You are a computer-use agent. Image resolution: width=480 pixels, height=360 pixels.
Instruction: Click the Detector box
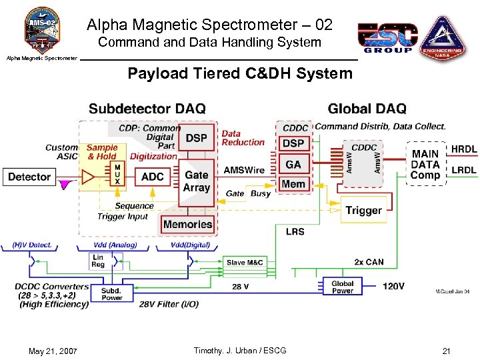coord(29,177)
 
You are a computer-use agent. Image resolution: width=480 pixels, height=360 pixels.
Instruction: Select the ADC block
coord(153,177)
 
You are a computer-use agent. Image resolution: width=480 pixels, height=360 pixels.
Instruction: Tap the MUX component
coord(117,175)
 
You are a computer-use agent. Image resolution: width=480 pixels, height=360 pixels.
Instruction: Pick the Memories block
coord(187,225)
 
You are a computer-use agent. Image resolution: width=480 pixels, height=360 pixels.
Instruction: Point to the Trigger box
coord(363,211)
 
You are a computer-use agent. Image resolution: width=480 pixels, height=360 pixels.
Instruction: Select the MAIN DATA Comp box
coord(425,164)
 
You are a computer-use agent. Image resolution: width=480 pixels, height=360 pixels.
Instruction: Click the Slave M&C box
coord(245,263)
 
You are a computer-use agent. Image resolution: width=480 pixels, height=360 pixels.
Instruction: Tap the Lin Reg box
coord(98,261)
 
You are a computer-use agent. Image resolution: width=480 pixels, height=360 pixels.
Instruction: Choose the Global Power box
coord(343,287)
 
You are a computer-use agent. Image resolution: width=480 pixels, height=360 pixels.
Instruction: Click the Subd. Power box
coord(111,294)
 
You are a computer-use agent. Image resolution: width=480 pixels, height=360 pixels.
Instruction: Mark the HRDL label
coord(464,149)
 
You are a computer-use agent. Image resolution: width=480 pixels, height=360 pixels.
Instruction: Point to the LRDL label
coord(464,171)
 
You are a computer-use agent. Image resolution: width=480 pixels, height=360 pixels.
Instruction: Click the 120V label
coord(393,287)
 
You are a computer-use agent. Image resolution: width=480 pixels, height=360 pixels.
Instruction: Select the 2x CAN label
coord(369,262)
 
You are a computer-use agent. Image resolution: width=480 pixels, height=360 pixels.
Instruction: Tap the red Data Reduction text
coord(243,138)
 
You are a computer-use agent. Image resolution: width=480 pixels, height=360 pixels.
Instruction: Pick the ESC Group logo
coord(387,37)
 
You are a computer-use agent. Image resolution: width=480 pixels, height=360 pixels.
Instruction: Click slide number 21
coord(446,351)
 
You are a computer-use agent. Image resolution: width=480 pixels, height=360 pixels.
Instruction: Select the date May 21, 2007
coord(53,351)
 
